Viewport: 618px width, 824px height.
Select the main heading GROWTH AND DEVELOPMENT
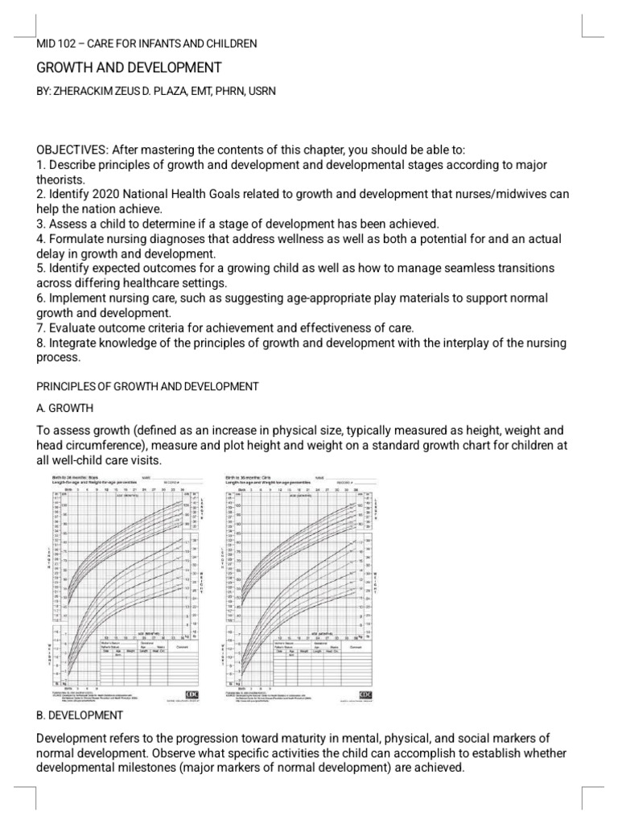129,68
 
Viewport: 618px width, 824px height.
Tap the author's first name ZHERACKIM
85,92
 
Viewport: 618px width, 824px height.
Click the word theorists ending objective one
61,179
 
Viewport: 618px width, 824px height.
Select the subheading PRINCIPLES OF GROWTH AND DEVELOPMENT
148,386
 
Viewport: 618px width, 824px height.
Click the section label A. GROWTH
65,408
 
